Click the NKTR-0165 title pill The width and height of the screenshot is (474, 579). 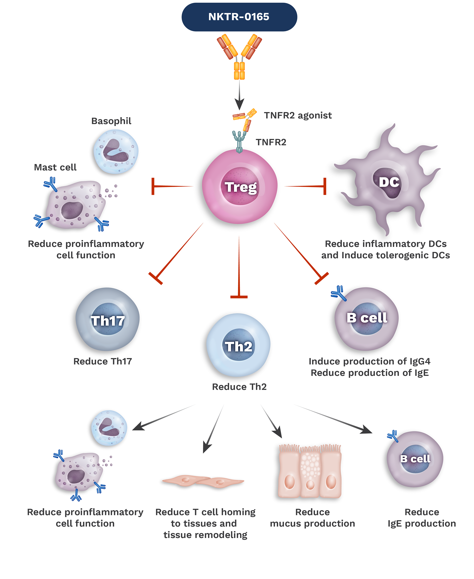[x=239, y=17]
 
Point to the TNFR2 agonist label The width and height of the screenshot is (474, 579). [x=298, y=115]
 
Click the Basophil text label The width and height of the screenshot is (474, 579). [x=111, y=121]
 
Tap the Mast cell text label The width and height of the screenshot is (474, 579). [x=55, y=167]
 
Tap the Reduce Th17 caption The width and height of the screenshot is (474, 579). [x=103, y=361]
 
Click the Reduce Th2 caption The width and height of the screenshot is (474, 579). [x=239, y=387]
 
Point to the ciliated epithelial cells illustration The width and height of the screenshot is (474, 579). [x=307, y=472]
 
